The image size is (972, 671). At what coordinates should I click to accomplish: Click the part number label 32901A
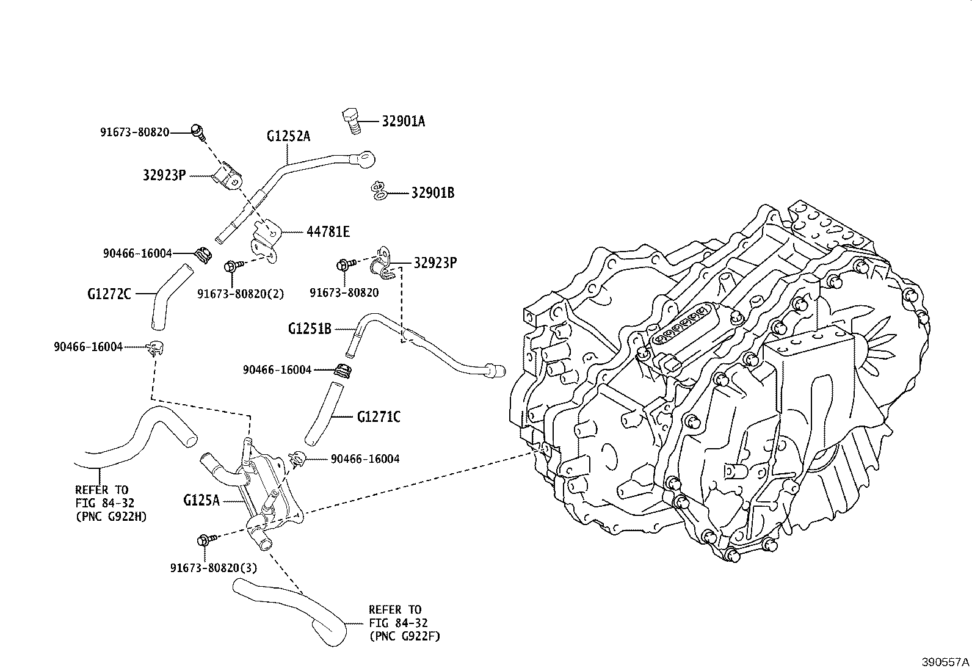pos(403,121)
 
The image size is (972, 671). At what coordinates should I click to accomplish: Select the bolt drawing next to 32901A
pos(352,120)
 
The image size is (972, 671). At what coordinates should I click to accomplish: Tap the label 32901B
pos(432,193)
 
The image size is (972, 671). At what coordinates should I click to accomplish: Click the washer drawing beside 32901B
pos(379,190)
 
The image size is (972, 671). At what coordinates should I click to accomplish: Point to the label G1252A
pos(288,136)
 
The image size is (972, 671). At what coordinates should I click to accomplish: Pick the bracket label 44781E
pos(328,232)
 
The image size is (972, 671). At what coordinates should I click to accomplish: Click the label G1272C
pos(109,294)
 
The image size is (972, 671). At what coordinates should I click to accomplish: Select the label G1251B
pos(310,329)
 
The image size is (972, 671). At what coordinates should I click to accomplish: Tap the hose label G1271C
pos(379,417)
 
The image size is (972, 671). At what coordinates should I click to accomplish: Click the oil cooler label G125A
pos(201,501)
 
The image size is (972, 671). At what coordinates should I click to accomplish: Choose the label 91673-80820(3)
pos(213,568)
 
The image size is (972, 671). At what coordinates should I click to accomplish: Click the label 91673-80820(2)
pos(241,294)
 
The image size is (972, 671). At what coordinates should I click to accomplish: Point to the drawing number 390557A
pos(946,662)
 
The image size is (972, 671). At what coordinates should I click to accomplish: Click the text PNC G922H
pos(111,517)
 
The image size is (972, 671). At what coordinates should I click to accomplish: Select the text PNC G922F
pos(404,636)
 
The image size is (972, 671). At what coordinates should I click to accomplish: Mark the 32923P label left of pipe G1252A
pos(164,176)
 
